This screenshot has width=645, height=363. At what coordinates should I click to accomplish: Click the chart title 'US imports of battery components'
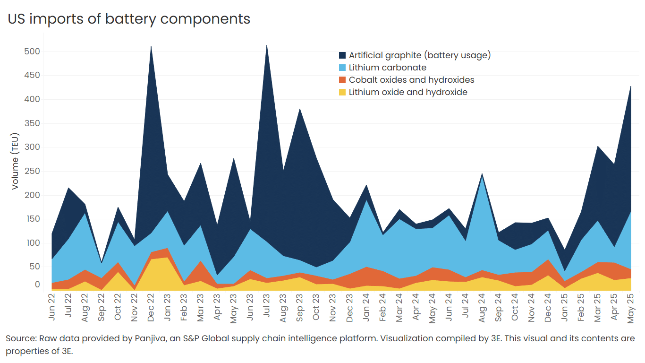129,19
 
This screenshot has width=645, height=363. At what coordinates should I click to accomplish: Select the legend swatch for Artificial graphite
342,55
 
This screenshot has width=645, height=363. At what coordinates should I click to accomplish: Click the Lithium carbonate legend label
387,68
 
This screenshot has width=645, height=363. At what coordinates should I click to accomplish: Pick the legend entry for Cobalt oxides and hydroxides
411,80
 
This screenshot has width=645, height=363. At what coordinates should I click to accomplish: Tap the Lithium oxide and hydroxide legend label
407,92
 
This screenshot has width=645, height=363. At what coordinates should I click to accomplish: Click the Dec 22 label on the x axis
150,308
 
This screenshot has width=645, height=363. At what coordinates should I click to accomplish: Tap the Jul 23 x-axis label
267,308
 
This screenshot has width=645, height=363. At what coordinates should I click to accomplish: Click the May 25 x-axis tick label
630,308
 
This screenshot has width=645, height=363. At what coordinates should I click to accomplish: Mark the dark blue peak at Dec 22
151,47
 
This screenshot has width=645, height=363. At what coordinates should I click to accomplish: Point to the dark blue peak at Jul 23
267,45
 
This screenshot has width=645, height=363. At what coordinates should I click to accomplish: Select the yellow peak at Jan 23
167,258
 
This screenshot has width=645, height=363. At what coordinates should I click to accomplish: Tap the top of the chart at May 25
631,86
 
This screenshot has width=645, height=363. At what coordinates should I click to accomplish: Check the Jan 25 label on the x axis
564,308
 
